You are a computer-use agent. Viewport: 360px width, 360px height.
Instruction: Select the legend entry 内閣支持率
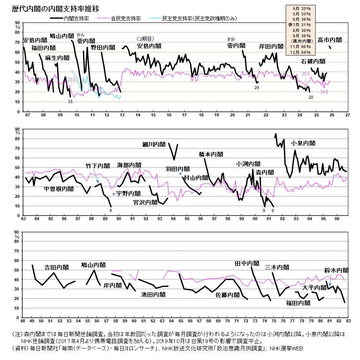76,18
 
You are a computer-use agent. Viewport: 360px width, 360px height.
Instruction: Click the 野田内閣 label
103,48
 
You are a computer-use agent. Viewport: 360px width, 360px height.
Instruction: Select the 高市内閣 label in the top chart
330,40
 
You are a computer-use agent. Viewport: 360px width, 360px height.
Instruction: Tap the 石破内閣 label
313,61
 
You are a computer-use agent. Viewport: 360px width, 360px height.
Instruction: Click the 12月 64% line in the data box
301,52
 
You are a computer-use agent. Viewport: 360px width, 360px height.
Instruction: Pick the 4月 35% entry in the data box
301,8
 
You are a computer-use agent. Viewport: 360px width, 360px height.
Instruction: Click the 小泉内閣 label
303,143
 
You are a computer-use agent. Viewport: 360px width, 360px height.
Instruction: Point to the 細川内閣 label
154,144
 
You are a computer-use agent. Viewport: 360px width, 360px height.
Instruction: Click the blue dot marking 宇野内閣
114,194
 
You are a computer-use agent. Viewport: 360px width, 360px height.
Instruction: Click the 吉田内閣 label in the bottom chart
56,267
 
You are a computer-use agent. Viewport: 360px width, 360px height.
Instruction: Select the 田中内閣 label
247,264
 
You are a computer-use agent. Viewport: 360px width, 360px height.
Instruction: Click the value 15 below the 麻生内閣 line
70,101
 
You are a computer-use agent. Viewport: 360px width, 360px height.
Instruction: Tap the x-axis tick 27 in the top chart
347,115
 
